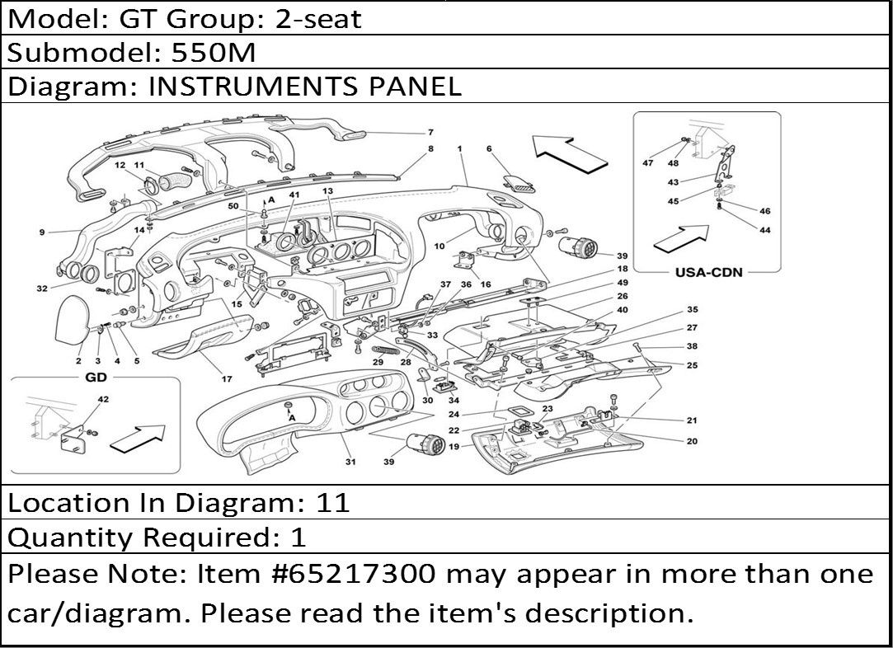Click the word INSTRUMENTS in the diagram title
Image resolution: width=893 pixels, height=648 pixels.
(x=253, y=86)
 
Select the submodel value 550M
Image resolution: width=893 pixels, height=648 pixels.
(x=214, y=53)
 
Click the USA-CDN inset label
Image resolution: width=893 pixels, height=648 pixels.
(x=709, y=272)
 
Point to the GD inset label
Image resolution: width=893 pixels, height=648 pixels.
(x=96, y=377)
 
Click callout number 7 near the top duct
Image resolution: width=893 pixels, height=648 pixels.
(x=430, y=133)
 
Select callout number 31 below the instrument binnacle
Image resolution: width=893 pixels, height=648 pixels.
(x=350, y=461)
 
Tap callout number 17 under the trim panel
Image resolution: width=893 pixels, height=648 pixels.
(x=227, y=378)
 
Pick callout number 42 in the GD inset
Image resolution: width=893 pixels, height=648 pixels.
(x=103, y=399)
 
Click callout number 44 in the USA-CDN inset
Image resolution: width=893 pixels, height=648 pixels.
(x=765, y=230)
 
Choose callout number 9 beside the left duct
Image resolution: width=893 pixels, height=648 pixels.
(x=42, y=232)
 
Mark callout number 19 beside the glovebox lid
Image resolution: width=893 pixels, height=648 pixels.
(x=454, y=446)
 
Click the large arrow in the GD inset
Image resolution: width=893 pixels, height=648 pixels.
(x=137, y=439)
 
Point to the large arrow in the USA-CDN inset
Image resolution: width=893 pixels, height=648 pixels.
(x=681, y=238)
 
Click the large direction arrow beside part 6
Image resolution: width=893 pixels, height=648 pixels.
(x=570, y=153)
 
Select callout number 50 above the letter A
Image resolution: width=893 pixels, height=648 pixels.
(x=233, y=206)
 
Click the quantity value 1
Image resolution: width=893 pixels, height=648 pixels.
(x=298, y=537)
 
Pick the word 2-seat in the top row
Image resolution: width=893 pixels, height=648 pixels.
(x=318, y=19)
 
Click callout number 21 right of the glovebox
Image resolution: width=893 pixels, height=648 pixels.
(x=691, y=420)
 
